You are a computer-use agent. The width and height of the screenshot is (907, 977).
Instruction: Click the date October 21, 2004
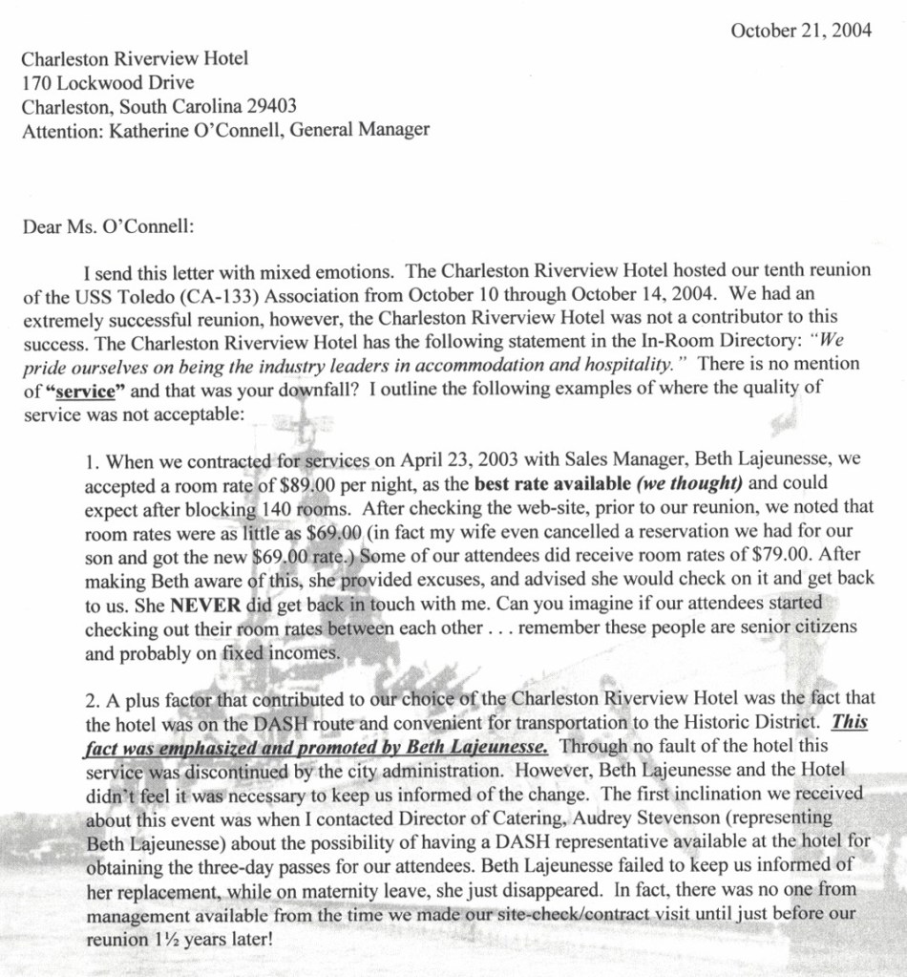(800, 31)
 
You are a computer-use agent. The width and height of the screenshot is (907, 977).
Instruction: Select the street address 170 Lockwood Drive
(108, 82)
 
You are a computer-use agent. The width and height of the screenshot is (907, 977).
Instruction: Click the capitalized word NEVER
(204, 605)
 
